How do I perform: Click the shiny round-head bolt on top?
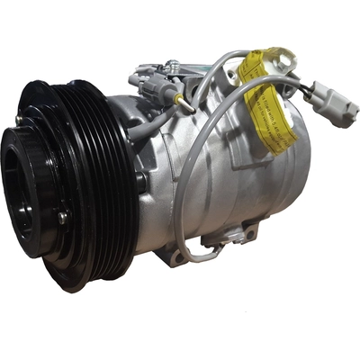(x=171, y=65)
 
